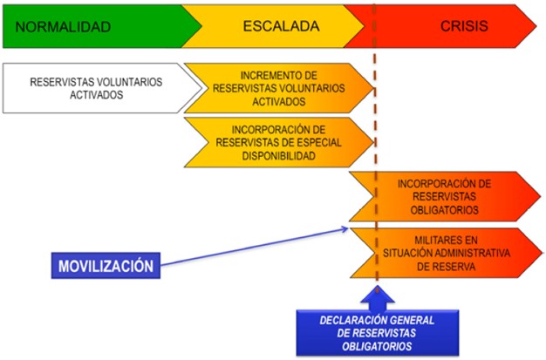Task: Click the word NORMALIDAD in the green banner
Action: coord(63,27)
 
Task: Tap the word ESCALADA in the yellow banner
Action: coord(281,26)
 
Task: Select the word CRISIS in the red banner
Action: coord(464,26)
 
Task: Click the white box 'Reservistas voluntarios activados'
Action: coord(102,88)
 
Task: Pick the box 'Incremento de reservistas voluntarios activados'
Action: coord(278,88)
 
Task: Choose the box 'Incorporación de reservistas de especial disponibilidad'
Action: coord(278,142)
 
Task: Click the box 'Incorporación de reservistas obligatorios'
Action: coord(445,197)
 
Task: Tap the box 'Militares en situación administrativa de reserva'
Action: coord(446,253)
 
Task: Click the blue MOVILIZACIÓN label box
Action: coord(106,266)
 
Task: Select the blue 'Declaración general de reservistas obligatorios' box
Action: coord(378,333)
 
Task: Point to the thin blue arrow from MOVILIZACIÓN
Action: coord(255,247)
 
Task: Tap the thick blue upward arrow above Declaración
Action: coord(378,298)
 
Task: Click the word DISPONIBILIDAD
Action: coord(278,156)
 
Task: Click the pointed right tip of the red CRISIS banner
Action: coord(536,26)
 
